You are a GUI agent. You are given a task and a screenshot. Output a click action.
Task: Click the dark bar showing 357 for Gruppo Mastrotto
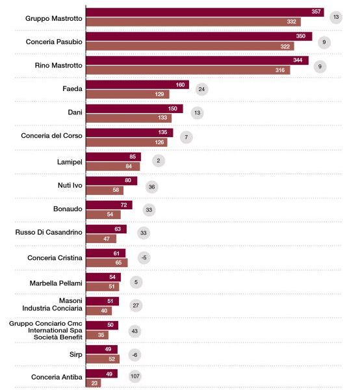(x=205, y=12)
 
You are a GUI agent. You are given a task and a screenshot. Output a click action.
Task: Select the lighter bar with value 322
(x=190, y=46)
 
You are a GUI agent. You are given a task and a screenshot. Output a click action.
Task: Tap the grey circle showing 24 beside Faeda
(x=201, y=89)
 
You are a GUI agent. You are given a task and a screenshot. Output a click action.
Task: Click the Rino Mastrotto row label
(x=58, y=66)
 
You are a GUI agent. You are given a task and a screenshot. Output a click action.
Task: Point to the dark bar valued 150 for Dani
(x=135, y=109)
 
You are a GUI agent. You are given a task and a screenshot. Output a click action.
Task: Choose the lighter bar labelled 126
(x=127, y=142)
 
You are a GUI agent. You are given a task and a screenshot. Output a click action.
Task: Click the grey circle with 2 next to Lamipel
(x=159, y=161)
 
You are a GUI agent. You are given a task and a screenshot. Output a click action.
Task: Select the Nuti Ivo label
(x=70, y=185)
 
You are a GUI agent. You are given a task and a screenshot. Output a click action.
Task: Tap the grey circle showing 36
(x=151, y=187)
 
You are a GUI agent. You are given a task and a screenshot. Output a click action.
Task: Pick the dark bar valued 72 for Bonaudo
(x=109, y=205)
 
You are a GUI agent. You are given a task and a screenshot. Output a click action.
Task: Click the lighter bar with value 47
(x=101, y=239)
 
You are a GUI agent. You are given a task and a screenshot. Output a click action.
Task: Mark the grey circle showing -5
(x=144, y=257)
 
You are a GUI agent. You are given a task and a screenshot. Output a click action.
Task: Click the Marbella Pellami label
(x=56, y=283)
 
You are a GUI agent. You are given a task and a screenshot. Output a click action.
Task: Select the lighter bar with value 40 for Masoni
(x=99, y=311)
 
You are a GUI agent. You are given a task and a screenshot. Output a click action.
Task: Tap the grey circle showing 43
(x=135, y=331)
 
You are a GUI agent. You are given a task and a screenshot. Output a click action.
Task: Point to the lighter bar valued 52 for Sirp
(x=103, y=359)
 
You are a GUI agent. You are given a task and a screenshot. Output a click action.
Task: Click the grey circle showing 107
(x=135, y=376)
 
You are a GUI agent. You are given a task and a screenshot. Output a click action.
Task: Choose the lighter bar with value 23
(x=94, y=383)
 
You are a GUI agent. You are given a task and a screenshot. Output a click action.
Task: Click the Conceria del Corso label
(x=51, y=136)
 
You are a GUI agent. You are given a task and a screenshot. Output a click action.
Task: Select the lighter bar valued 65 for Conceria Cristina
(x=107, y=263)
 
